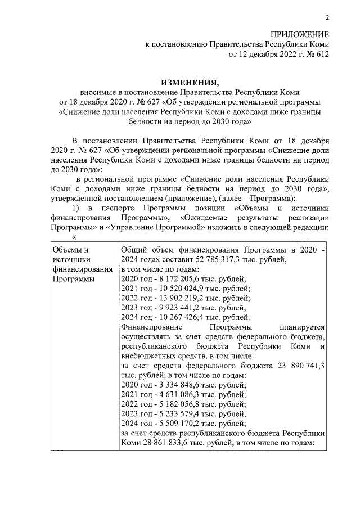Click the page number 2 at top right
tap(327, 17)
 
